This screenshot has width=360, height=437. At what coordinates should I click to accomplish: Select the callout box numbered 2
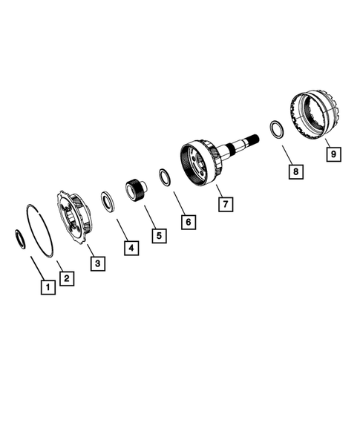pos(66,278)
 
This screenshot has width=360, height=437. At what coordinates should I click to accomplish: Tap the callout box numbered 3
pos(97,262)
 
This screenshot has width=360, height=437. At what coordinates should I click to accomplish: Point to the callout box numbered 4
pos(130,248)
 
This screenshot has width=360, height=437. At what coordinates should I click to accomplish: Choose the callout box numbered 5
pos(159,235)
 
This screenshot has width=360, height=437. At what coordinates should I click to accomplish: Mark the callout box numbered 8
pos(296,171)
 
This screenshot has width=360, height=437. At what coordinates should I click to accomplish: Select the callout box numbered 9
pos(333,154)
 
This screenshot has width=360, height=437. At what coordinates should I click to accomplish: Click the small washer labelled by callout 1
pos(22,238)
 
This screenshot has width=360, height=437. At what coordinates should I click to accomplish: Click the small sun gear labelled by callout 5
pos(136,189)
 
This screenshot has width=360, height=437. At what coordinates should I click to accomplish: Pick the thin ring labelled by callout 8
pos(274,128)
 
